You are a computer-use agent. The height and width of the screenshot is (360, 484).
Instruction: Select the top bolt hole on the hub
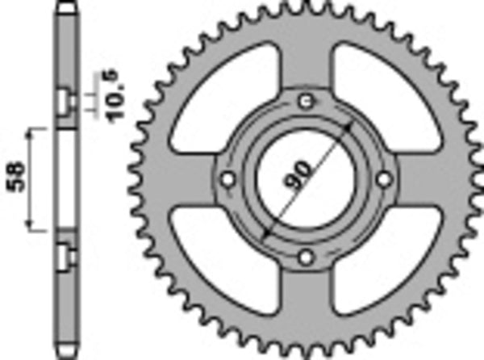point(305,101)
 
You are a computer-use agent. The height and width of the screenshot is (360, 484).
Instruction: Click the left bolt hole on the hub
point(227,178)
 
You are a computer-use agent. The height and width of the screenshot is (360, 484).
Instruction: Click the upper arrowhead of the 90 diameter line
point(349,127)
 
